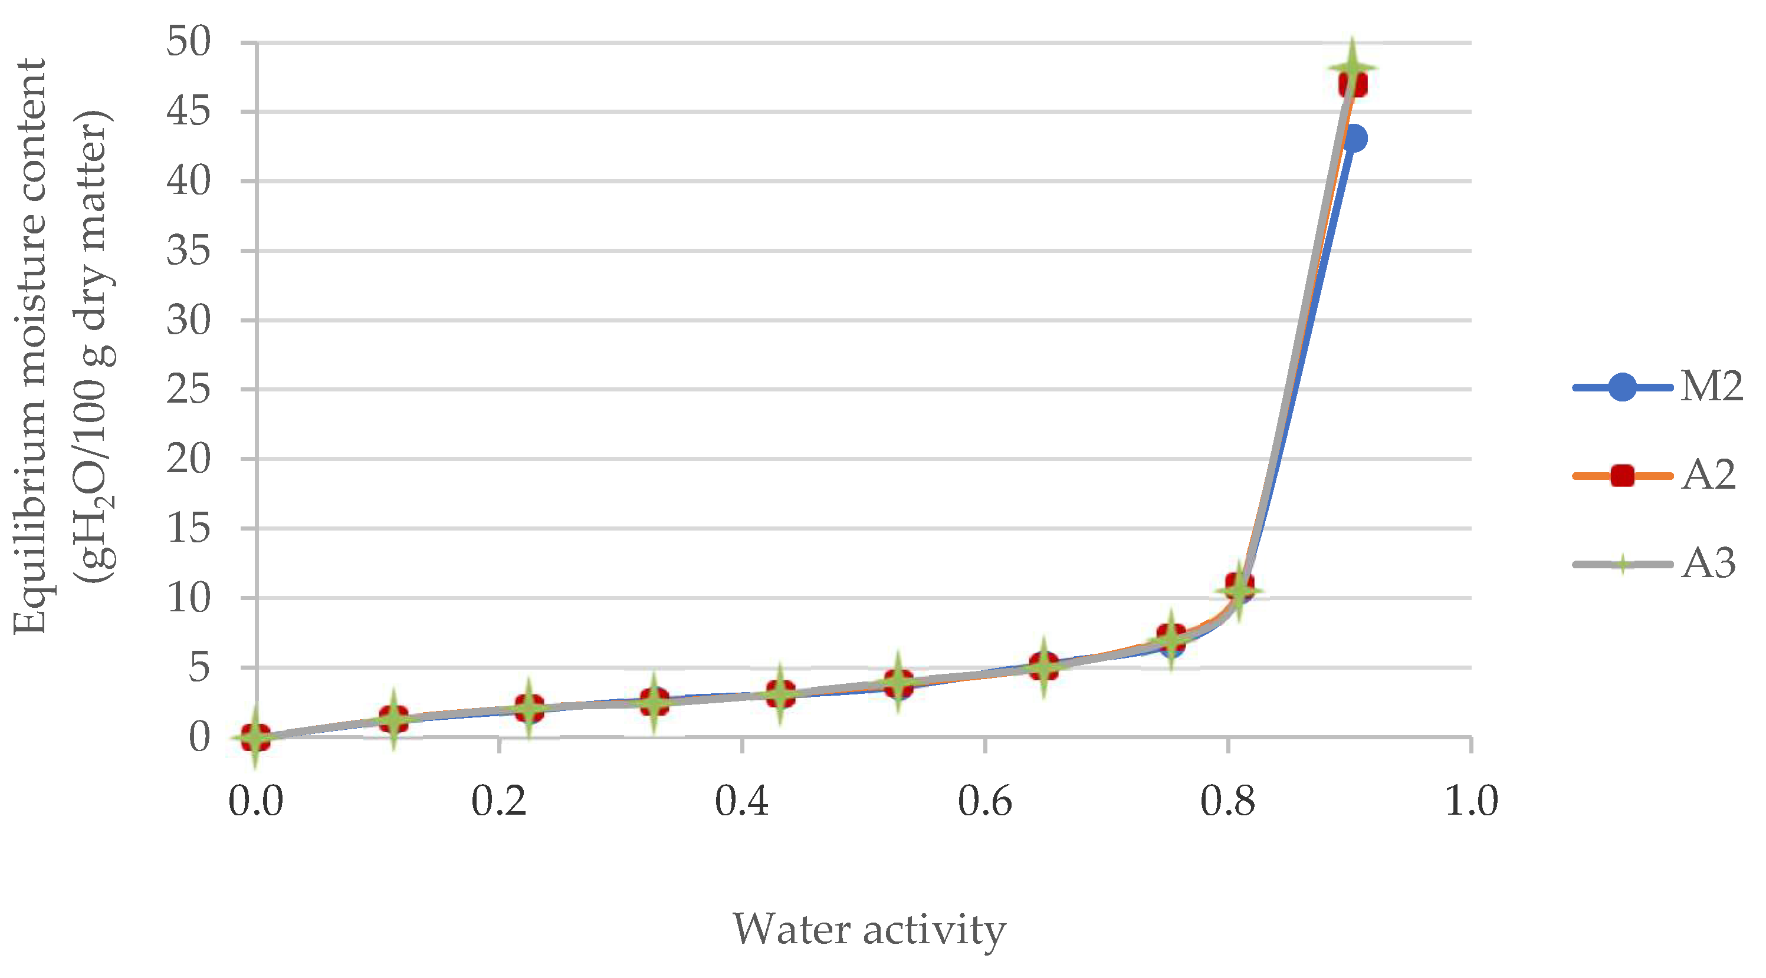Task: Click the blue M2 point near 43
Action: [1354, 139]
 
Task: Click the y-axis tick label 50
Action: [189, 42]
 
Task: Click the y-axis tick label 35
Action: [189, 251]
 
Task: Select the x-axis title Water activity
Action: [869, 930]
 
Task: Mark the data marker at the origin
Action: [256, 737]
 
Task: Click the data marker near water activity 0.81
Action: [1239, 588]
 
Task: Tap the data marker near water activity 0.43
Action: [781, 694]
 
